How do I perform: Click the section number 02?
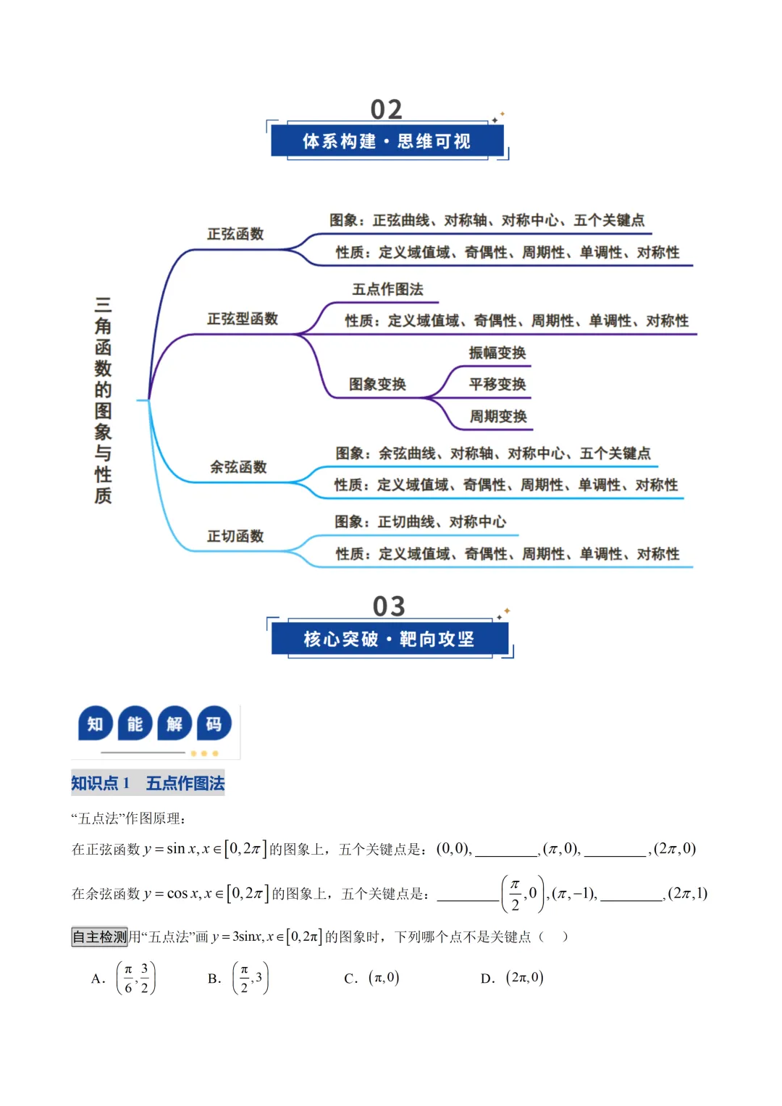click(386, 109)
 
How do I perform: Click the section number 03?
click(389, 606)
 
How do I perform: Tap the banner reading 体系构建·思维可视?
click(387, 141)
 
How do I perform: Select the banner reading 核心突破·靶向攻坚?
click(389, 639)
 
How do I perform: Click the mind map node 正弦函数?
click(235, 234)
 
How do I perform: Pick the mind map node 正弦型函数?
click(243, 319)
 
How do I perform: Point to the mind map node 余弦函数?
click(238, 467)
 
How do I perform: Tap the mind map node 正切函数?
click(235, 536)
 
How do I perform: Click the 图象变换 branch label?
click(377, 385)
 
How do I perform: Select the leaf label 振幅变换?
click(497, 353)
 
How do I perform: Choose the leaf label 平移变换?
click(497, 385)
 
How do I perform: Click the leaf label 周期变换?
click(497, 416)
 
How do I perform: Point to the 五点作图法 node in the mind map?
click(387, 290)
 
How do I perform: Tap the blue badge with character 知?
click(96, 724)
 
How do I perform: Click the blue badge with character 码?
click(214, 724)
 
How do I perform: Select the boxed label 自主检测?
click(99, 937)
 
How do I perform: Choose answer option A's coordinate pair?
click(136, 978)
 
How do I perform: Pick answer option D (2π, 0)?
click(524, 978)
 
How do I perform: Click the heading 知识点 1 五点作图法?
click(148, 783)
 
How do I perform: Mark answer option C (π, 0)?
click(384, 978)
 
